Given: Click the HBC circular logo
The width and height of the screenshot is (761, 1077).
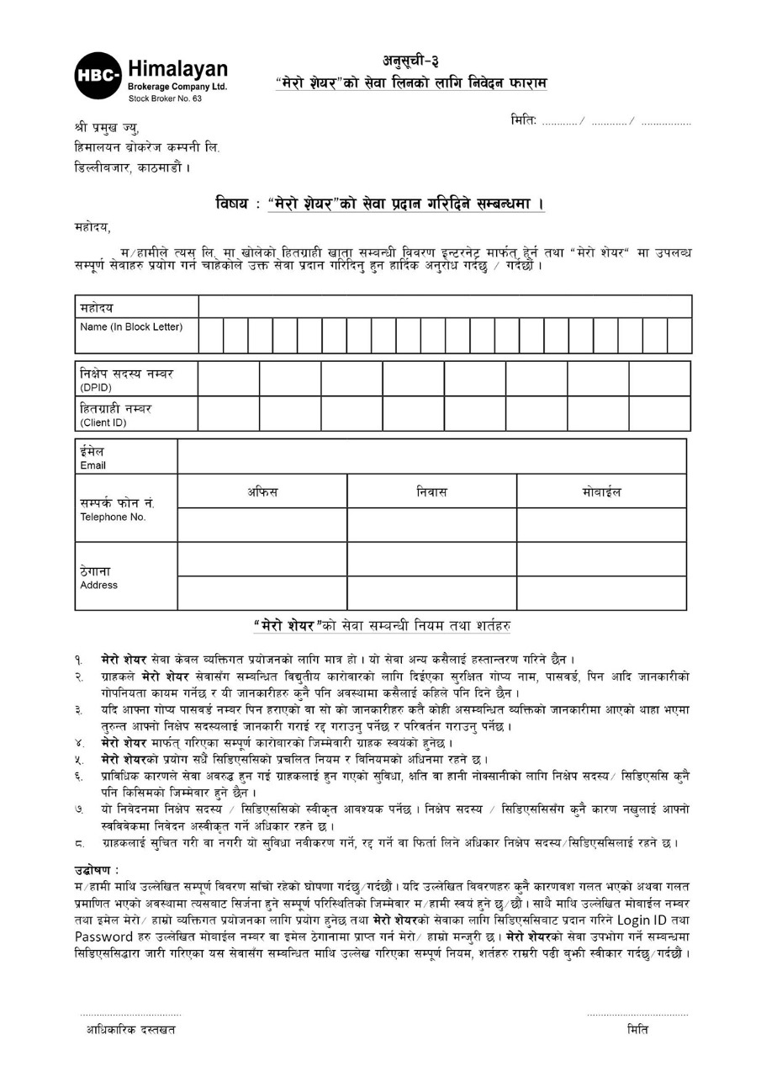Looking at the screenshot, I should tap(98, 75).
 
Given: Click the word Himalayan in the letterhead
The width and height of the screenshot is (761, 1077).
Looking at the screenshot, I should tap(177, 70).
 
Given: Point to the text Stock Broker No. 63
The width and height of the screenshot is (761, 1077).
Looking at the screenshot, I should tap(165, 98).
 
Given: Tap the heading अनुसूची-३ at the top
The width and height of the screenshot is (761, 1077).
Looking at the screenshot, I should tap(410, 61).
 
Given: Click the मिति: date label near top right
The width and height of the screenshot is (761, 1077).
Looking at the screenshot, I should tap(523, 120).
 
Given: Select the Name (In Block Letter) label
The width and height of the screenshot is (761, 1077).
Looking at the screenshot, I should tap(131, 326).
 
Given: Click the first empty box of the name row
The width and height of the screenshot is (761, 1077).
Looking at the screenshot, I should tap(210, 335).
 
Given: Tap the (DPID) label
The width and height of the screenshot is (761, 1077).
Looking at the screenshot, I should tap(96, 387).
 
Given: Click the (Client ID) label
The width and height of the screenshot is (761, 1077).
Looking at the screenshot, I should tap(103, 422).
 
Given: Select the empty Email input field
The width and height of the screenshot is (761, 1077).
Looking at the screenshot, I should tap(431, 456).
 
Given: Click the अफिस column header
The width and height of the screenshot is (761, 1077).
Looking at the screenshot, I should tap(262, 491).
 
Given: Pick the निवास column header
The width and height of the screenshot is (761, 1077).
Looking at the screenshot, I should tap(431, 491).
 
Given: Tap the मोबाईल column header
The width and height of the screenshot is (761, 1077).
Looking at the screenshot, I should tap(601, 491).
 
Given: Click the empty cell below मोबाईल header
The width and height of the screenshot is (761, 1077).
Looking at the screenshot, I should tap(601, 525).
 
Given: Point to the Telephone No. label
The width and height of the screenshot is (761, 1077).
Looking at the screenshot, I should tap(113, 517).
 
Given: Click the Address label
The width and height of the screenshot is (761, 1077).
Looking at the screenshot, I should tap(99, 585).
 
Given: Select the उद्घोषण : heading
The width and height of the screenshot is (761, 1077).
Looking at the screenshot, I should tap(97, 868).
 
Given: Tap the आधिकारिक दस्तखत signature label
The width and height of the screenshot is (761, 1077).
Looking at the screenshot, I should tap(130, 1029).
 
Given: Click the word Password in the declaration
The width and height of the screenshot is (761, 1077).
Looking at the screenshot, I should tap(103, 936).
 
